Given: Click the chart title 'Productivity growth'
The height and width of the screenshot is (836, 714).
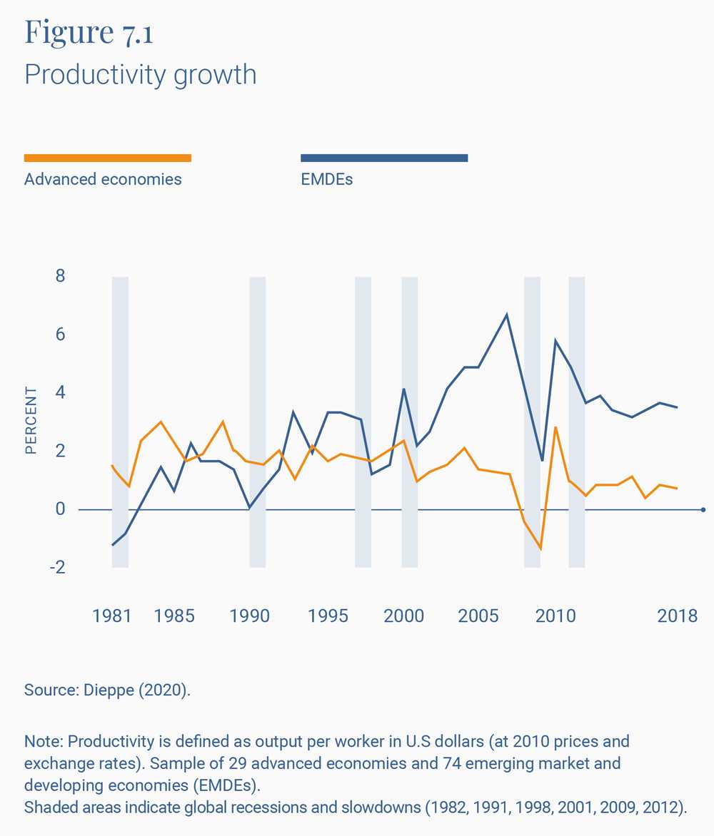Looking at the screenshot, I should point(140,74).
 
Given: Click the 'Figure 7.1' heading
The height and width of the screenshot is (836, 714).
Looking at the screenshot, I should point(89,33).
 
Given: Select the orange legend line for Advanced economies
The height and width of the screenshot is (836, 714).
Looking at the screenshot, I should point(107,158).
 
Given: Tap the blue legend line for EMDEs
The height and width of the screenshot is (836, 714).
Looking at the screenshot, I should point(384,158).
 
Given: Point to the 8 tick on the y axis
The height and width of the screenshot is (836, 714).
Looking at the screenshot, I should point(60,276).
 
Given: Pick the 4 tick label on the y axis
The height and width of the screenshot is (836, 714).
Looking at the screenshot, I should point(60,393).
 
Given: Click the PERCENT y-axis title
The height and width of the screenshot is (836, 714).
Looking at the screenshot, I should point(31,421).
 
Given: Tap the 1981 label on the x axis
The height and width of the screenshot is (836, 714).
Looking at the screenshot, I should point(112,616).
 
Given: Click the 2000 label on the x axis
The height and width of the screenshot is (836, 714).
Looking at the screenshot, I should point(403,616).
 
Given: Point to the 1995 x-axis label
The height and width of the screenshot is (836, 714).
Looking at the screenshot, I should point(328,616).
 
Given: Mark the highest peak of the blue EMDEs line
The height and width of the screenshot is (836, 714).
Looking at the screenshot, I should point(507,314).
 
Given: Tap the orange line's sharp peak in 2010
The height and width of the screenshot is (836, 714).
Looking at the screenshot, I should point(555,427).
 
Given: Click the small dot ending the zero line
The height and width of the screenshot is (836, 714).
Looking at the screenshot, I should point(703,509).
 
